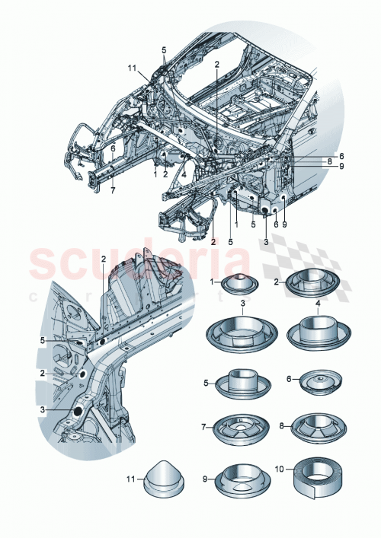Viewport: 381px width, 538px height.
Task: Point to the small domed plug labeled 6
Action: tap(315, 384)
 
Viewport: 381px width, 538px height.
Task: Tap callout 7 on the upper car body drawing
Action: tap(112, 190)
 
